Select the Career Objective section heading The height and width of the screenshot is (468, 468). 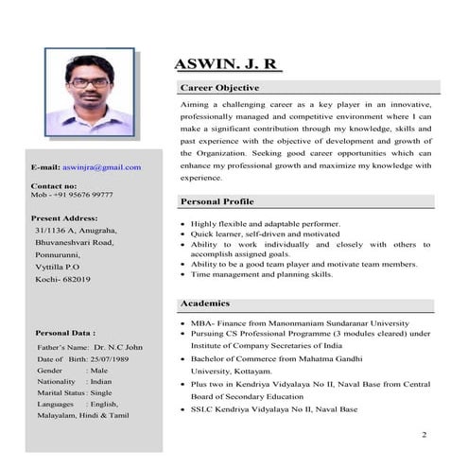[218, 88]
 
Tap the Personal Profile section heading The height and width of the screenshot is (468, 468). [217, 202]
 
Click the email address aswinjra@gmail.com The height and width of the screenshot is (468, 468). [102, 167]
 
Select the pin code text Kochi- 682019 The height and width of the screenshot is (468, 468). [62, 280]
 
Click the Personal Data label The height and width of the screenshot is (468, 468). [65, 333]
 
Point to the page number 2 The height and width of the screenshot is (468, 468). [425, 435]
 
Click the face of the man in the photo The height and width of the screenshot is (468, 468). [89, 82]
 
